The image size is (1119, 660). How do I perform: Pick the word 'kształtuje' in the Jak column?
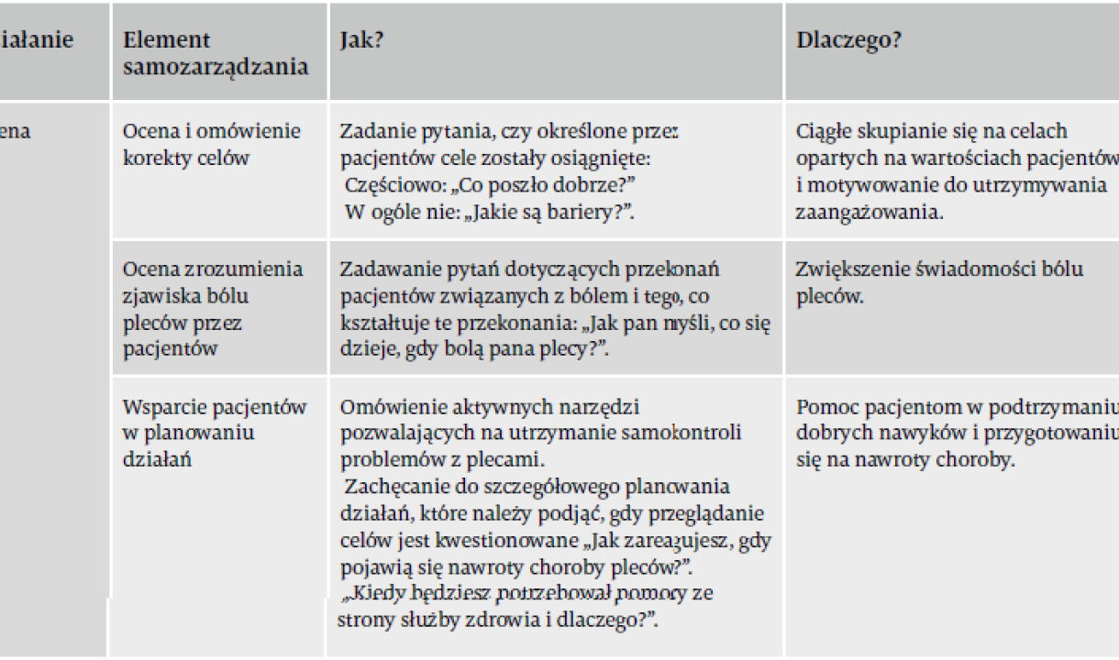click(380, 324)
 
